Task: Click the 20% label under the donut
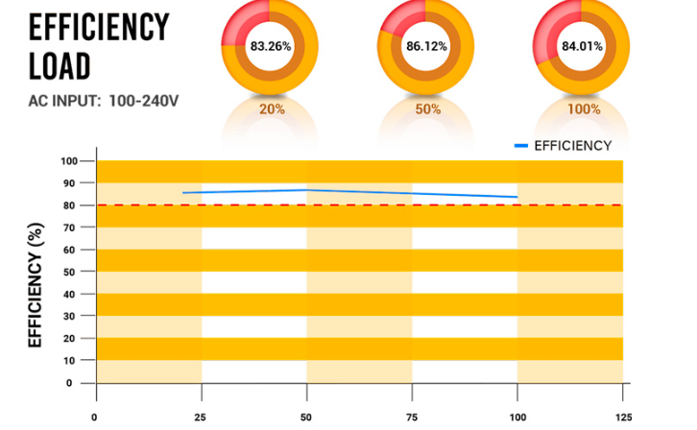pos(273,109)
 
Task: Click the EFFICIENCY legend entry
pos(572,146)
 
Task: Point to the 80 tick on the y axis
pos(67,205)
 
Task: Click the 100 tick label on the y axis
pos(67,161)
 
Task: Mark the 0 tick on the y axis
pos(70,383)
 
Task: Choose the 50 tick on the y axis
pos(67,272)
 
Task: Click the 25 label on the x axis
pos(201,417)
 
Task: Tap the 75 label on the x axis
pos(412,417)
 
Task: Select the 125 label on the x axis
pos(622,417)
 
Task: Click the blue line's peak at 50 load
pos(306,189)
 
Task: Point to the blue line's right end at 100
pos(517,197)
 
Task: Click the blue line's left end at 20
pos(183,193)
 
